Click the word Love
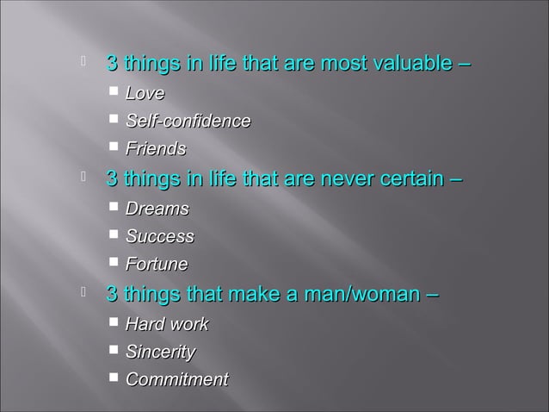pyautogui.click(x=145, y=92)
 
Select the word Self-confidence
pyautogui.click(x=188, y=121)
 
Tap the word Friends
pyautogui.click(x=155, y=149)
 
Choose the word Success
pyautogui.click(x=159, y=236)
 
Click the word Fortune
pyautogui.click(x=156, y=264)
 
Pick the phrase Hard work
pyautogui.click(x=166, y=324)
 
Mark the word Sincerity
pyautogui.click(x=160, y=352)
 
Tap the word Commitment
pyautogui.click(x=176, y=379)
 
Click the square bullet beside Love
pyautogui.click(x=114, y=91)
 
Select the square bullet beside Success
pyautogui.click(x=114, y=234)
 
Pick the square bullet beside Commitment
pyautogui.click(x=114, y=378)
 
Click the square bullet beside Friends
pyautogui.click(x=114, y=147)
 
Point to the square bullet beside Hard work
pyautogui.click(x=114, y=322)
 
